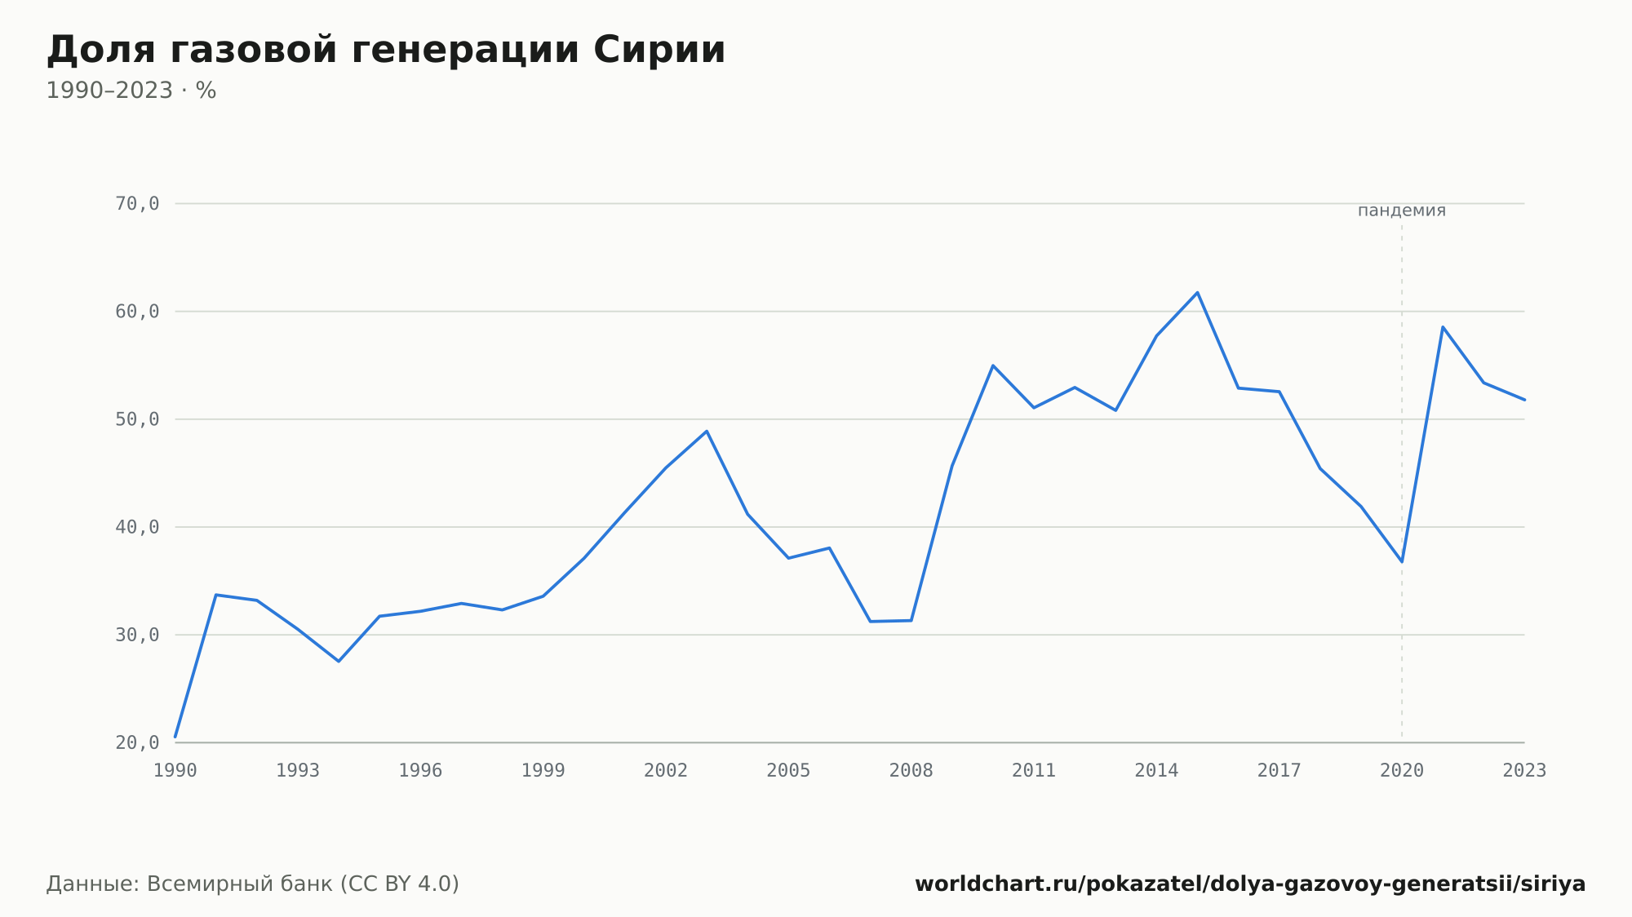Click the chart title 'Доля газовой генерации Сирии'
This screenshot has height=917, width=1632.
click(x=386, y=50)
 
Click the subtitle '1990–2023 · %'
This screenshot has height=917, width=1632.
click(x=131, y=91)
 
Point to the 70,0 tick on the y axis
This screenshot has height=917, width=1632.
click(x=137, y=204)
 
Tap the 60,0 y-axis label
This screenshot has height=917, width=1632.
click(x=137, y=312)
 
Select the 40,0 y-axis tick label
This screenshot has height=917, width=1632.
click(x=137, y=527)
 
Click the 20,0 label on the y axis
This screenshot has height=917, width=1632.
click(x=137, y=742)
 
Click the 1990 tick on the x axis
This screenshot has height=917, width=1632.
click(x=175, y=771)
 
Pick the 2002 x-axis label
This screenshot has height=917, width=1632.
click(x=666, y=771)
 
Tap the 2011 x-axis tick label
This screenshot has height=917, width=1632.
click(x=1034, y=771)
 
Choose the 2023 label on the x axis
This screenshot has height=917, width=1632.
click(x=1524, y=771)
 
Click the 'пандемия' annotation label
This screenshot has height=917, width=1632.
click(x=1402, y=210)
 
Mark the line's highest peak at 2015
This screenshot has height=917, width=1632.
click(x=1197, y=292)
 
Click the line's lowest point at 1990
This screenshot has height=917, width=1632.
click(x=175, y=737)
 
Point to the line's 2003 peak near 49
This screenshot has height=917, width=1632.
click(x=707, y=431)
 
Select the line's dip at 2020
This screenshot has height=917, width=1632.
click(x=1402, y=561)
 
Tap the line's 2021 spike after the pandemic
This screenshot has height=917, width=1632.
click(x=1443, y=326)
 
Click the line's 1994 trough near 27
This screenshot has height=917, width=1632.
click(x=339, y=661)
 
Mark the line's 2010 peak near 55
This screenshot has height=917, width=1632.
click(x=993, y=365)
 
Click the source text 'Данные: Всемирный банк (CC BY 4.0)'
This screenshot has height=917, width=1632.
click(x=253, y=884)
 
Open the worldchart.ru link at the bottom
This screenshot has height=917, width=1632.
click(x=1250, y=884)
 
